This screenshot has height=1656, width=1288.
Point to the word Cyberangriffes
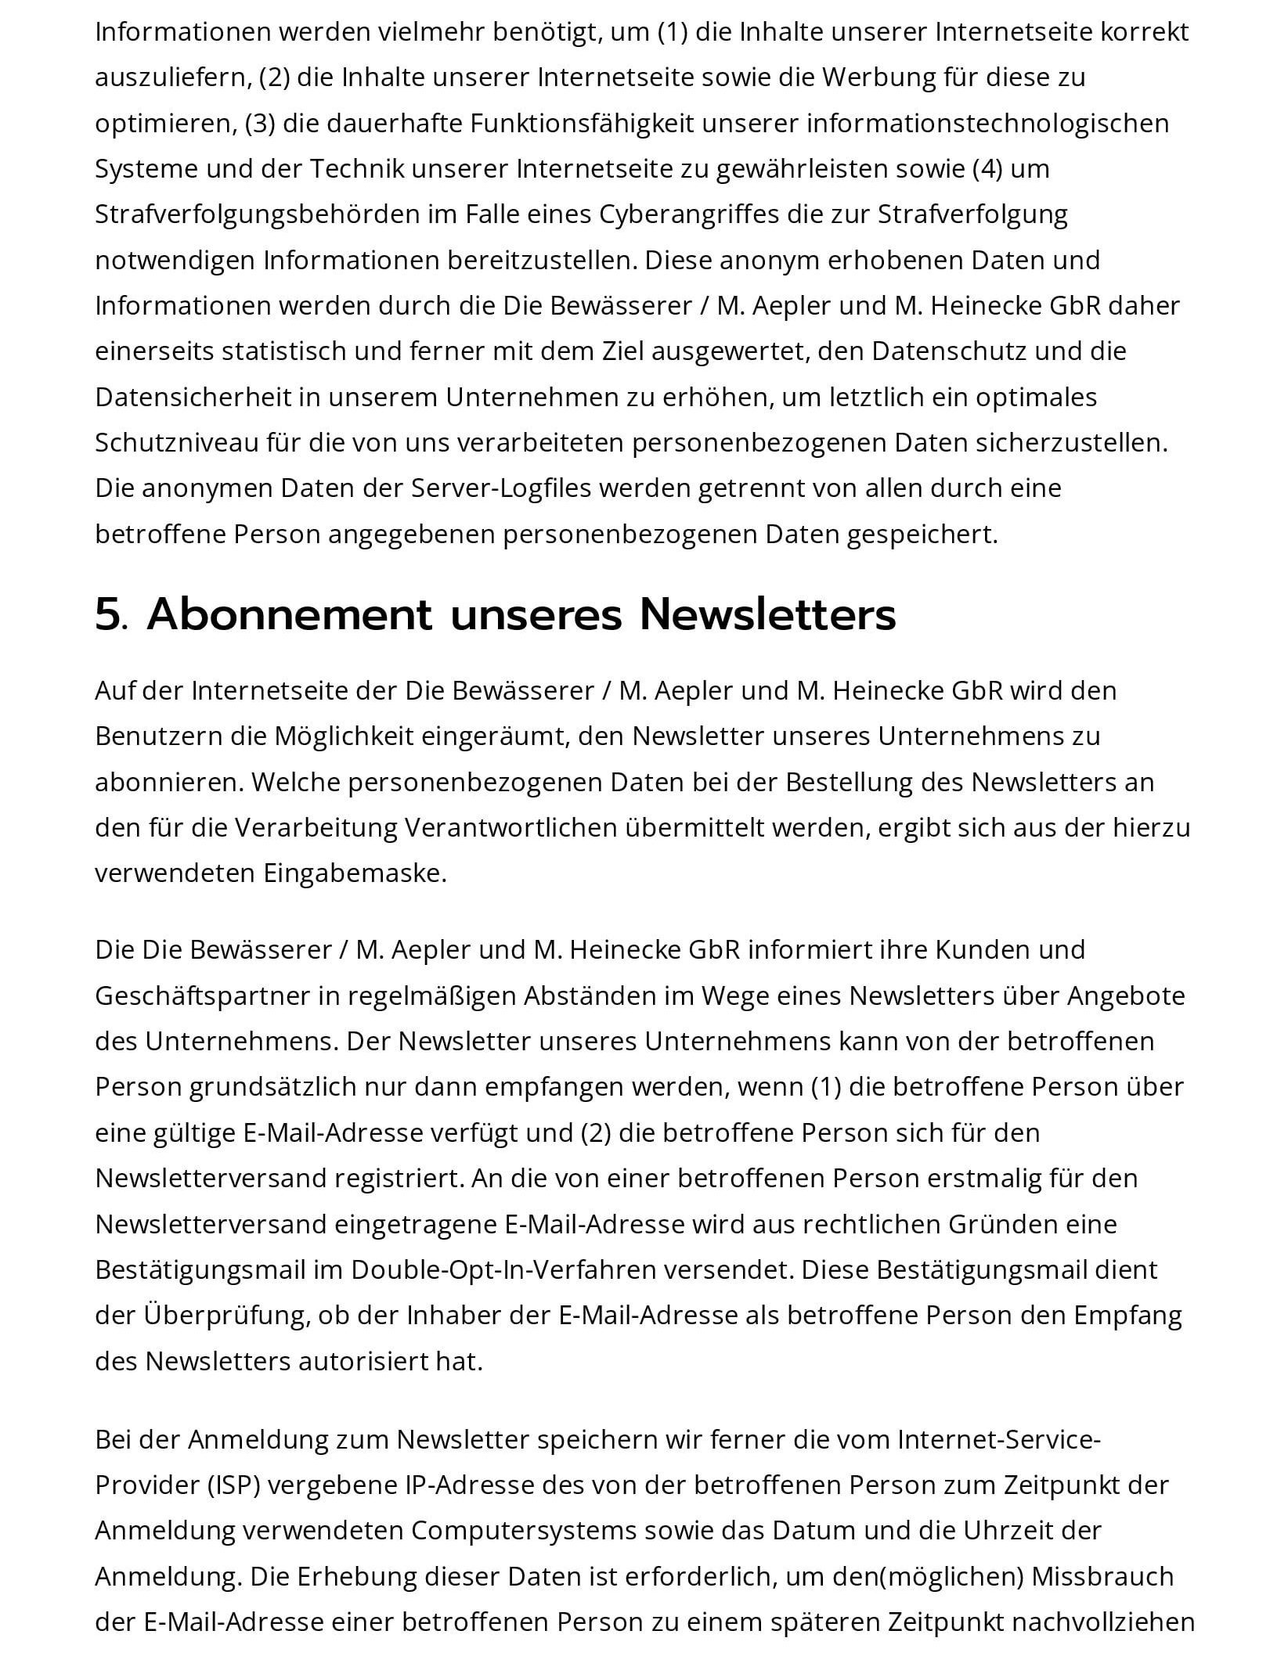pyautogui.click(x=689, y=214)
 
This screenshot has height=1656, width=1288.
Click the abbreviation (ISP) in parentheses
pyautogui.click(x=234, y=1485)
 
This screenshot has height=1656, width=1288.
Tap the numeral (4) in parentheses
pyautogui.click(x=987, y=169)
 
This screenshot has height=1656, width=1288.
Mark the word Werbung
pyautogui.click(x=879, y=77)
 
